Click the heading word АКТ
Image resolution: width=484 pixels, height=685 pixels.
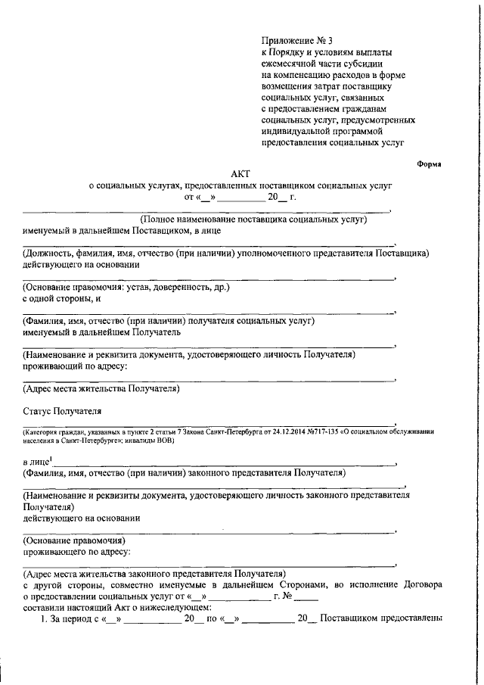click(240, 173)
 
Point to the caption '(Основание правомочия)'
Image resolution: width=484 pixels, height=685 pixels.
click(73, 540)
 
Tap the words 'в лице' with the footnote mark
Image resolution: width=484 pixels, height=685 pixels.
click(36, 461)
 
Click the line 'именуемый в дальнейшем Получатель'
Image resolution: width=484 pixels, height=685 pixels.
click(101, 332)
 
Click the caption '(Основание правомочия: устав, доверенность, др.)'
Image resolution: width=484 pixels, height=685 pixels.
click(126, 288)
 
